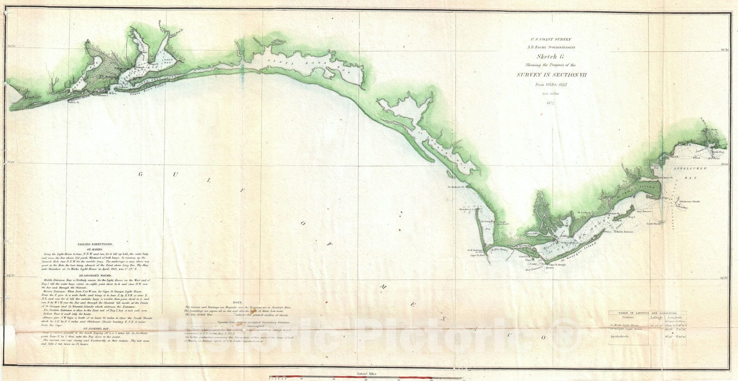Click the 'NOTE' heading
tap(238, 302)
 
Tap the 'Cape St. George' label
tap(557, 264)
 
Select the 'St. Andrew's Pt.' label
tap(458, 187)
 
